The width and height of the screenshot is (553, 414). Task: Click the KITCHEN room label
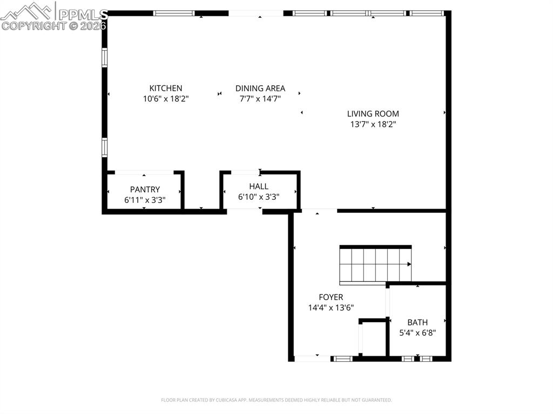click(x=166, y=88)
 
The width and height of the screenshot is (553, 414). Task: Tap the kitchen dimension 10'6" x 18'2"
click(x=166, y=99)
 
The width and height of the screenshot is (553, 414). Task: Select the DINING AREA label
click(x=260, y=88)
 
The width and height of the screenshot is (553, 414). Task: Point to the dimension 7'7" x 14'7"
click(x=260, y=99)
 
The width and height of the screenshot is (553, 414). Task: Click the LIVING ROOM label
click(x=373, y=113)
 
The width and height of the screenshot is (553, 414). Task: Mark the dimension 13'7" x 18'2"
click(x=373, y=124)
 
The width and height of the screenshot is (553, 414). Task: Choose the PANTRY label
click(x=145, y=189)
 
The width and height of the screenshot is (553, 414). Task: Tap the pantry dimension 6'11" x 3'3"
click(x=145, y=200)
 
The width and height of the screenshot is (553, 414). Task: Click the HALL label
click(x=259, y=186)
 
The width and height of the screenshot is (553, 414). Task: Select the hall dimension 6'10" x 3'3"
click(x=259, y=197)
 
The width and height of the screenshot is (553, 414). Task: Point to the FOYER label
click(x=331, y=297)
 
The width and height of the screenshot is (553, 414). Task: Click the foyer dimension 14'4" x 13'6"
click(x=331, y=308)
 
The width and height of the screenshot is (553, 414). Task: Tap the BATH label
click(x=417, y=322)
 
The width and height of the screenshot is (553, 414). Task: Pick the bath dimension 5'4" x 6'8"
click(x=417, y=333)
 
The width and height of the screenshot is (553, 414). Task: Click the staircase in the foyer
click(x=373, y=264)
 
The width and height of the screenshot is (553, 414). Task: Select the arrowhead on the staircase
click(x=409, y=264)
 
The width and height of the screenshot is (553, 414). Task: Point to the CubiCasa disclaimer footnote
click(x=276, y=400)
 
